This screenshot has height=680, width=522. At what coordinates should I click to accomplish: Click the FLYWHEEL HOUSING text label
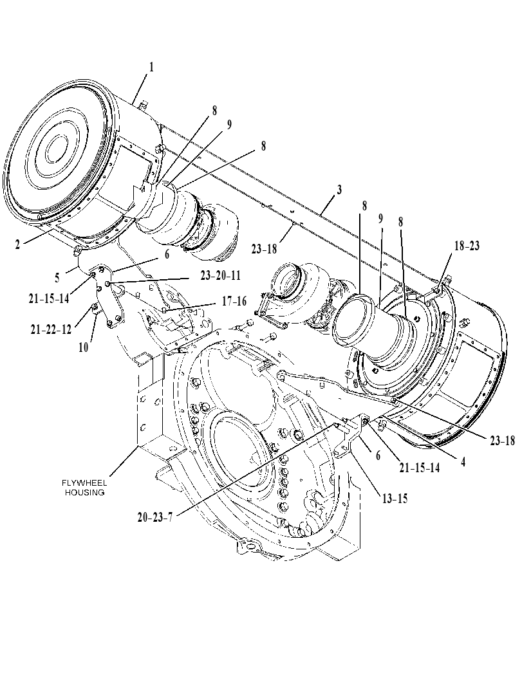84,488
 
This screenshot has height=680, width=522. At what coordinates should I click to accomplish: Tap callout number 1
151,67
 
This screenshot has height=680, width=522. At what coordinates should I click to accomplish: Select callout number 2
17,244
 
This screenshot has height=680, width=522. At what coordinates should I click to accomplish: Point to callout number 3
339,190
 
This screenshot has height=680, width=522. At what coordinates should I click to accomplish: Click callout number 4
463,463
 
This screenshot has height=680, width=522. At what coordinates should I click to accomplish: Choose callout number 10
83,347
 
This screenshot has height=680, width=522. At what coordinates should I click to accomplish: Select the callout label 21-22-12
51,329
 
